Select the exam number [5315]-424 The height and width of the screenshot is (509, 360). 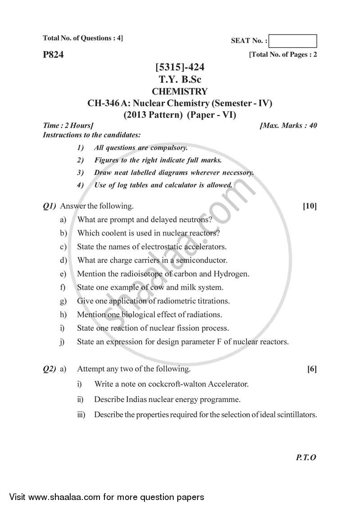(x=180, y=68)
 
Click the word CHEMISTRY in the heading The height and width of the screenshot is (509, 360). (x=180, y=91)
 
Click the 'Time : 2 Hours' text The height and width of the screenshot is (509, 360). (x=68, y=125)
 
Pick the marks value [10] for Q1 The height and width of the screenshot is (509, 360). (x=310, y=206)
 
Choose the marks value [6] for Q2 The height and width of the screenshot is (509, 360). (x=311, y=369)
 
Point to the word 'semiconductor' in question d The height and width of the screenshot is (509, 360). (x=202, y=260)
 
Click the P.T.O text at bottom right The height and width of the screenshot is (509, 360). (x=306, y=457)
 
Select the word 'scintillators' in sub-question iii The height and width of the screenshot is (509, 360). (x=294, y=415)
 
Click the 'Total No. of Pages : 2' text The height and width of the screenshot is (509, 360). (x=283, y=55)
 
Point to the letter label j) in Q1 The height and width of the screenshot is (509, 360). (x=62, y=342)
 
